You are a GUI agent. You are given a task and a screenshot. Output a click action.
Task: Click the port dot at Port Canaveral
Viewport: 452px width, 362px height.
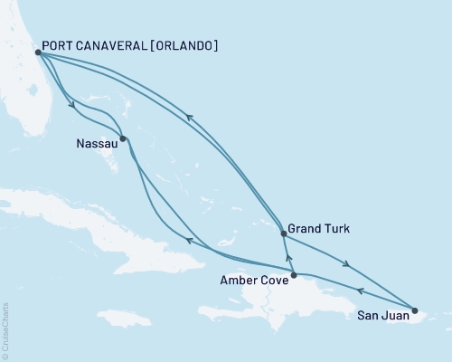click(38, 52)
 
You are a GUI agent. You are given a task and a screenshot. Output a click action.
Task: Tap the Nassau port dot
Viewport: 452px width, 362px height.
click(123, 139)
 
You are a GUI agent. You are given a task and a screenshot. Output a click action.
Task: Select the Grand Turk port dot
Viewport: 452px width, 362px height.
click(284, 233)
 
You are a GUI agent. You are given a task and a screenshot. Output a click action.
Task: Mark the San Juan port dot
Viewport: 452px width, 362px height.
click(415, 310)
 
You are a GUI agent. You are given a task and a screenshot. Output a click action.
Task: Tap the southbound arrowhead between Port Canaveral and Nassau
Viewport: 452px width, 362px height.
click(71, 102)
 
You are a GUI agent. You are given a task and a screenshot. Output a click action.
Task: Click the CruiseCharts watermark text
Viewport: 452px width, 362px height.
click(5, 329)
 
